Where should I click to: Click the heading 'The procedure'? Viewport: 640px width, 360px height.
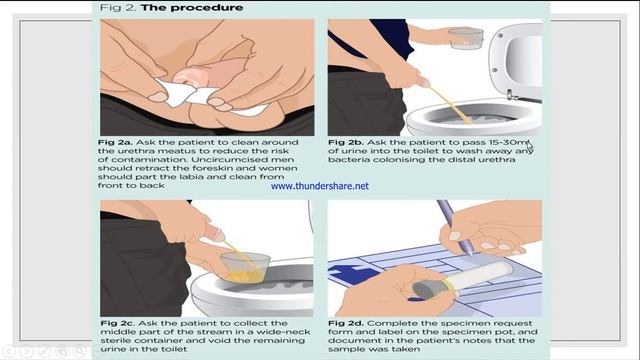point(192,7)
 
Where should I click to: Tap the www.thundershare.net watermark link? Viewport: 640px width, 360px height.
point(320,186)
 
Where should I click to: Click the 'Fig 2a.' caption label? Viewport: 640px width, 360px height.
point(116,142)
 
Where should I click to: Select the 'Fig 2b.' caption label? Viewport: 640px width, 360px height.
point(346,142)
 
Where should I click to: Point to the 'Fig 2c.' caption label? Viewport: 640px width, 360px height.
point(118,323)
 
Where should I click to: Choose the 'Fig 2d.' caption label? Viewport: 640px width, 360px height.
point(346,323)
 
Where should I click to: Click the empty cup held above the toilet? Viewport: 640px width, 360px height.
point(466,38)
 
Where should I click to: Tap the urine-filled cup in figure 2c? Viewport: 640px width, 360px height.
point(245,267)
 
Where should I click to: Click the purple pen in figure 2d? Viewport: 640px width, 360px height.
point(456,228)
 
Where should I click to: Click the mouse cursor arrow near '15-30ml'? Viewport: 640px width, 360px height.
point(529,147)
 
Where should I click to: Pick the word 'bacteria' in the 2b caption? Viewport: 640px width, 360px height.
point(347,160)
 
